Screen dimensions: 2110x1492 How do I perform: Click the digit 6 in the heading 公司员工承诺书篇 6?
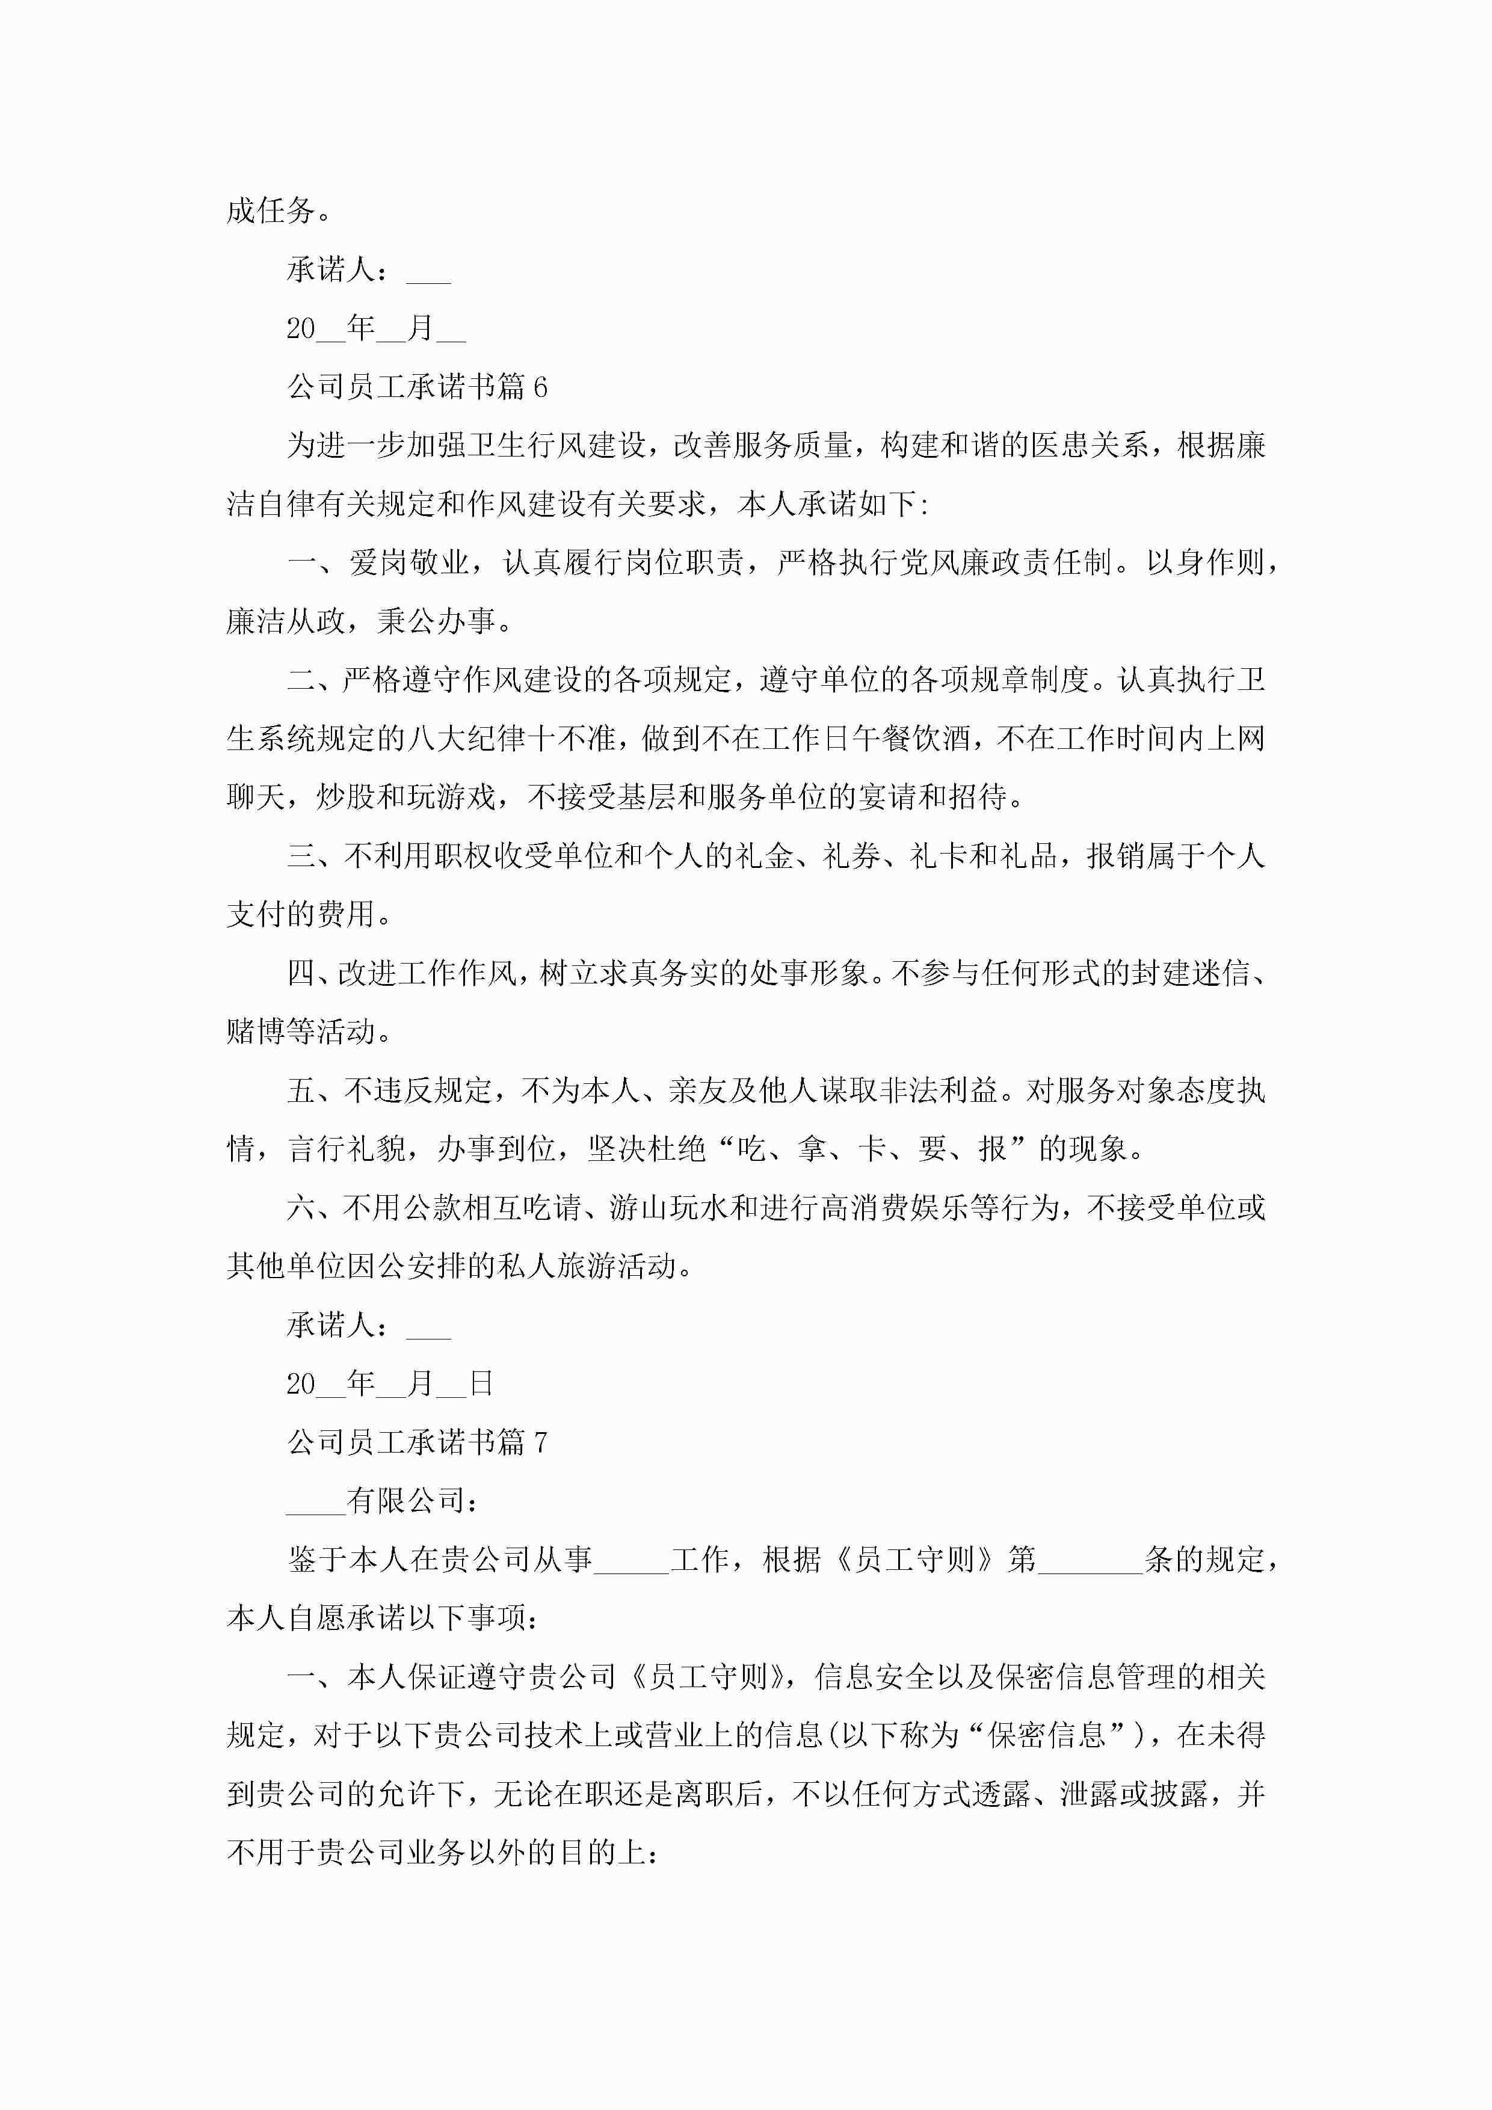pos(540,387)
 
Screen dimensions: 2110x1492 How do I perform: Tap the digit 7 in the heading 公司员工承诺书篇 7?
pos(540,1442)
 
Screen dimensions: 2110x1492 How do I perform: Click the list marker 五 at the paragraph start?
pos(301,1091)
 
